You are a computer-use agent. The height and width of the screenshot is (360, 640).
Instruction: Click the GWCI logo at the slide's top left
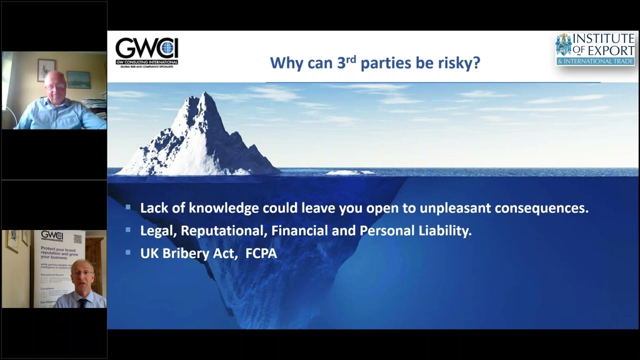pyautogui.click(x=146, y=52)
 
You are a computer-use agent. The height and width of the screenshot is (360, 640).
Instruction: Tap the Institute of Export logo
pyautogui.click(x=595, y=49)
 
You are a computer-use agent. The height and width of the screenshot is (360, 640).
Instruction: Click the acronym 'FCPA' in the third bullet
pyautogui.click(x=261, y=253)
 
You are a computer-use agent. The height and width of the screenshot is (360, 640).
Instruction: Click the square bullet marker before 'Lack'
pyautogui.click(x=128, y=207)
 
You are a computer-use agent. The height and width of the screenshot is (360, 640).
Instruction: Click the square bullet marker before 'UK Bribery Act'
pyautogui.click(x=128, y=252)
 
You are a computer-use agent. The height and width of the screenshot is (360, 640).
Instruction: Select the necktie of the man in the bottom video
pyautogui.click(x=83, y=302)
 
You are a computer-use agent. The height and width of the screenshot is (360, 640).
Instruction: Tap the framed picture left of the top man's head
pyautogui.click(x=46, y=69)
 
